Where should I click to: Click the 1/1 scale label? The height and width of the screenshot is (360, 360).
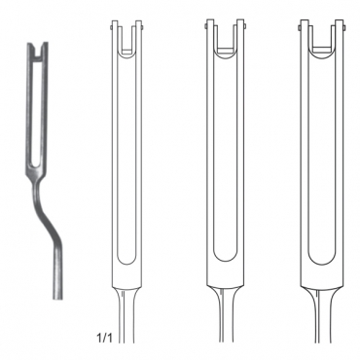coord(104,339)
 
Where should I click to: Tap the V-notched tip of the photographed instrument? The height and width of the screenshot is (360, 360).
coord(38,49)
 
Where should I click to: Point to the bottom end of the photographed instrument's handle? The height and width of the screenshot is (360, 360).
coord(57,297)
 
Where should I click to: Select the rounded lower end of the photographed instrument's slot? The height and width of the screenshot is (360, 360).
coord(35,163)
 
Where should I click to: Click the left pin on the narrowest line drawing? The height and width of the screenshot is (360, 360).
coord(111,27)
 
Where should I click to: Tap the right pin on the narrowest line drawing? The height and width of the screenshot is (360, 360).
coord(142,27)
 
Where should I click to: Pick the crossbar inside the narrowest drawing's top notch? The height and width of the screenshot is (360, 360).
coord(126,51)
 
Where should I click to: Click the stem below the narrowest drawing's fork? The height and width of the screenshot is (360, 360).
coord(126,314)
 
